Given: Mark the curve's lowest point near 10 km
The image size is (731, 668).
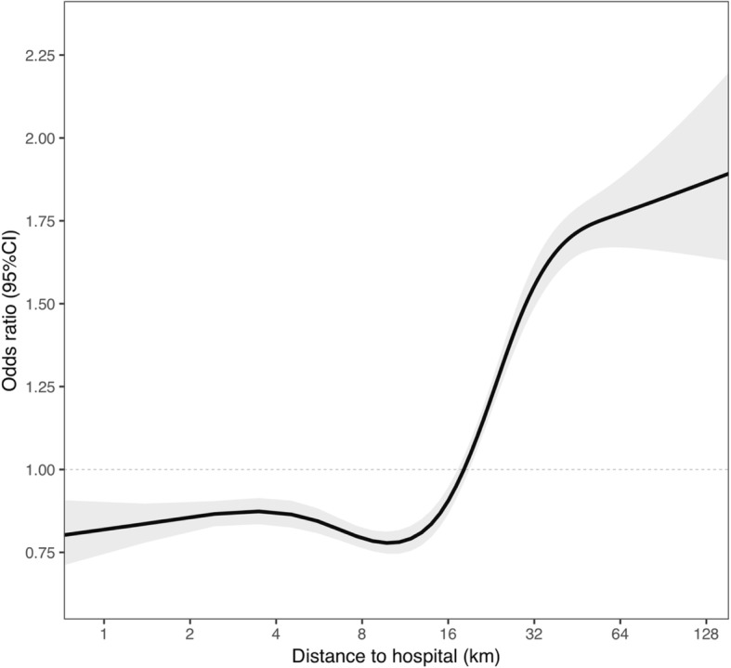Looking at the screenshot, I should pos(391,543).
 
